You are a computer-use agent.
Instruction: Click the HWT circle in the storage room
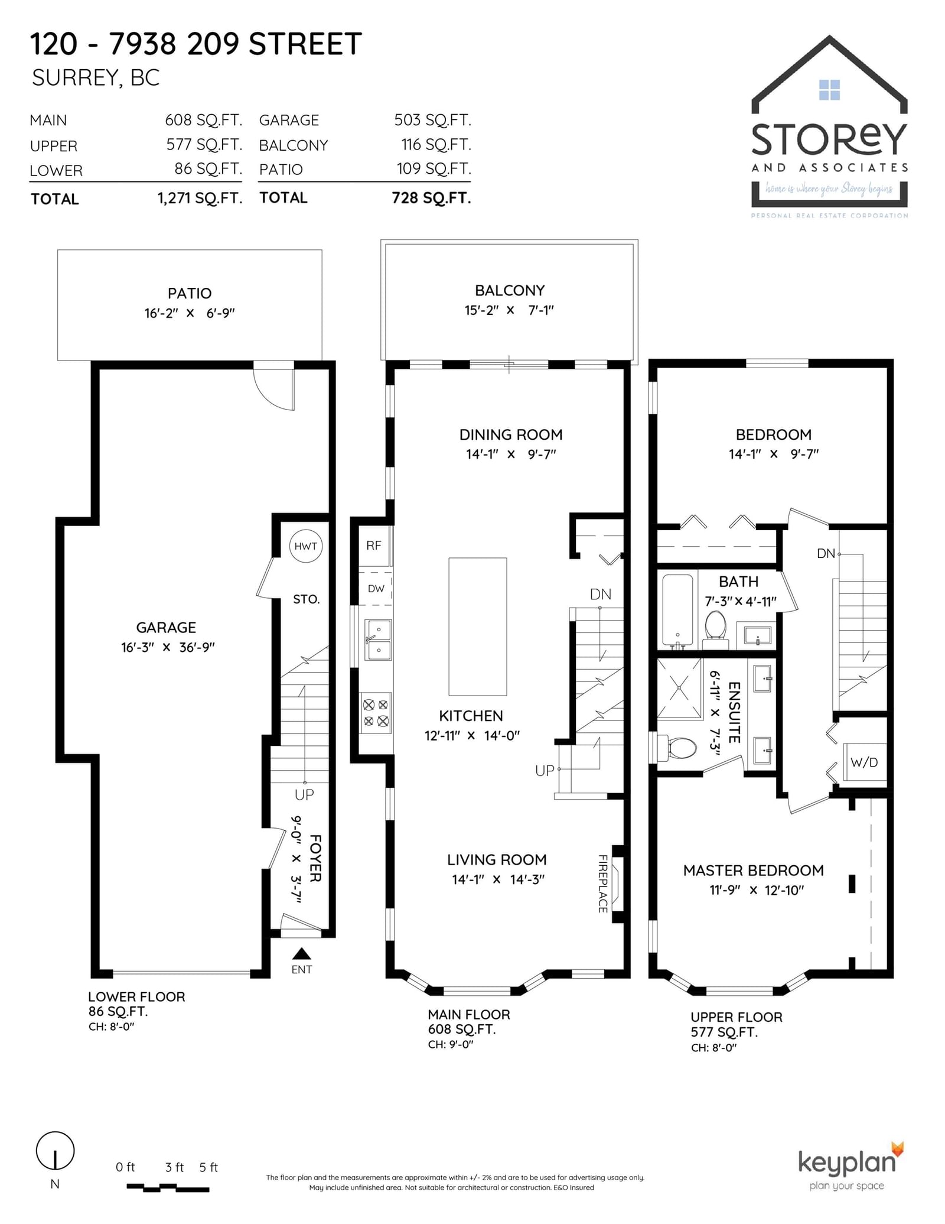pos(305,546)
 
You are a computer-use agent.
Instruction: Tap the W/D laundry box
pos(864,762)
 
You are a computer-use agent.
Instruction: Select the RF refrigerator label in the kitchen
pos(374,546)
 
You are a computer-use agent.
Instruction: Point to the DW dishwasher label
pos(376,589)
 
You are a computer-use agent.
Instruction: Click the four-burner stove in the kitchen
pos(376,713)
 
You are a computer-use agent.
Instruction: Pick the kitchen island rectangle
pos(478,626)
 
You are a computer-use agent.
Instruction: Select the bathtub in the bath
pos(677,609)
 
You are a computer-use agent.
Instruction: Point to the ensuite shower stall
pos(680,688)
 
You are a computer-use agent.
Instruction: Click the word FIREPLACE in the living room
pos(603,884)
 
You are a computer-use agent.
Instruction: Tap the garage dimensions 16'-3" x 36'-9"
pos(168,647)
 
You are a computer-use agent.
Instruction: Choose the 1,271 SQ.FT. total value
pos(200,198)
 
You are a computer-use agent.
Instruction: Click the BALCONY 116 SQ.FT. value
pos(436,144)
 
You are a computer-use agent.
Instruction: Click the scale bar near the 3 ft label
pos(168,1187)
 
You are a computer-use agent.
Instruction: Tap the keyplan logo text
pos(847,1163)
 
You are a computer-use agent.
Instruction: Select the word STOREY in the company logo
pos(829,139)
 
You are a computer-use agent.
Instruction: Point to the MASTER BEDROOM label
pos(753,870)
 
